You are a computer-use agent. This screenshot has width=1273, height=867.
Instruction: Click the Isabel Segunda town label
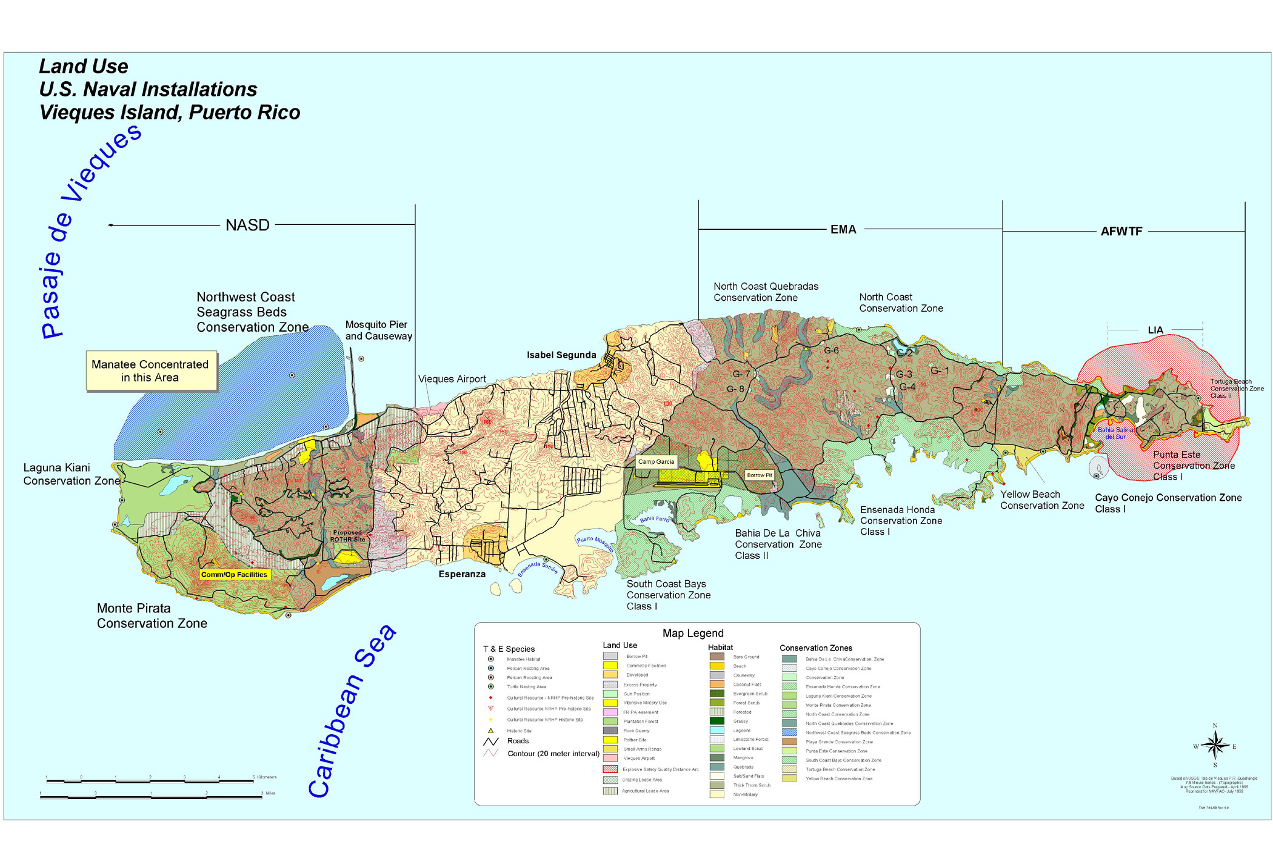(x=561, y=355)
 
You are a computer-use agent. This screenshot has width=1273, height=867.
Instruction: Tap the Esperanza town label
(x=462, y=574)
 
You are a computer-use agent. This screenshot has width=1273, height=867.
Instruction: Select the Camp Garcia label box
(x=656, y=462)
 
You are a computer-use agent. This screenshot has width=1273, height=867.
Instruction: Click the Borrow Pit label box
(x=760, y=475)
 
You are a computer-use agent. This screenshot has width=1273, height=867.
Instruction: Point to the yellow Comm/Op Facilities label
(x=234, y=575)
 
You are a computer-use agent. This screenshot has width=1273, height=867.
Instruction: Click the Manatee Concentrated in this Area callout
(x=150, y=371)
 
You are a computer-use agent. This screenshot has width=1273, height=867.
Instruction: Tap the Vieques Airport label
(x=452, y=379)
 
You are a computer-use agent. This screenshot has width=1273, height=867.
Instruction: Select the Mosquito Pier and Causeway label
(x=378, y=330)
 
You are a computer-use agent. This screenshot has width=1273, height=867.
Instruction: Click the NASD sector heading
(x=247, y=225)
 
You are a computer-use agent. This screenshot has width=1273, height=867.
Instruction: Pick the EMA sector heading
(x=843, y=229)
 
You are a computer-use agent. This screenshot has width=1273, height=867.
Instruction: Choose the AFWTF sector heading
(x=1121, y=231)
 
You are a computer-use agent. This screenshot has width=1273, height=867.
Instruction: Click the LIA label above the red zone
(x=1155, y=330)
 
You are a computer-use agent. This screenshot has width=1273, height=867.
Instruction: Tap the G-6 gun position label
(x=831, y=350)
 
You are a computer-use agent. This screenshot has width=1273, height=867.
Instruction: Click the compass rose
(x=1215, y=745)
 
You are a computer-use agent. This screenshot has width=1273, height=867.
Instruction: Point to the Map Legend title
(x=693, y=633)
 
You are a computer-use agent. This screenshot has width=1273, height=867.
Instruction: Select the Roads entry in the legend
(x=517, y=741)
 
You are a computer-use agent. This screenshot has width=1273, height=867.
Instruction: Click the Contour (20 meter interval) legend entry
(x=553, y=754)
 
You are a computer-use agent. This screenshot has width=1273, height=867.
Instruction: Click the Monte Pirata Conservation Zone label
(x=152, y=616)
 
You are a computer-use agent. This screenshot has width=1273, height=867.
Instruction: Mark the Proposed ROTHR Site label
(x=347, y=536)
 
